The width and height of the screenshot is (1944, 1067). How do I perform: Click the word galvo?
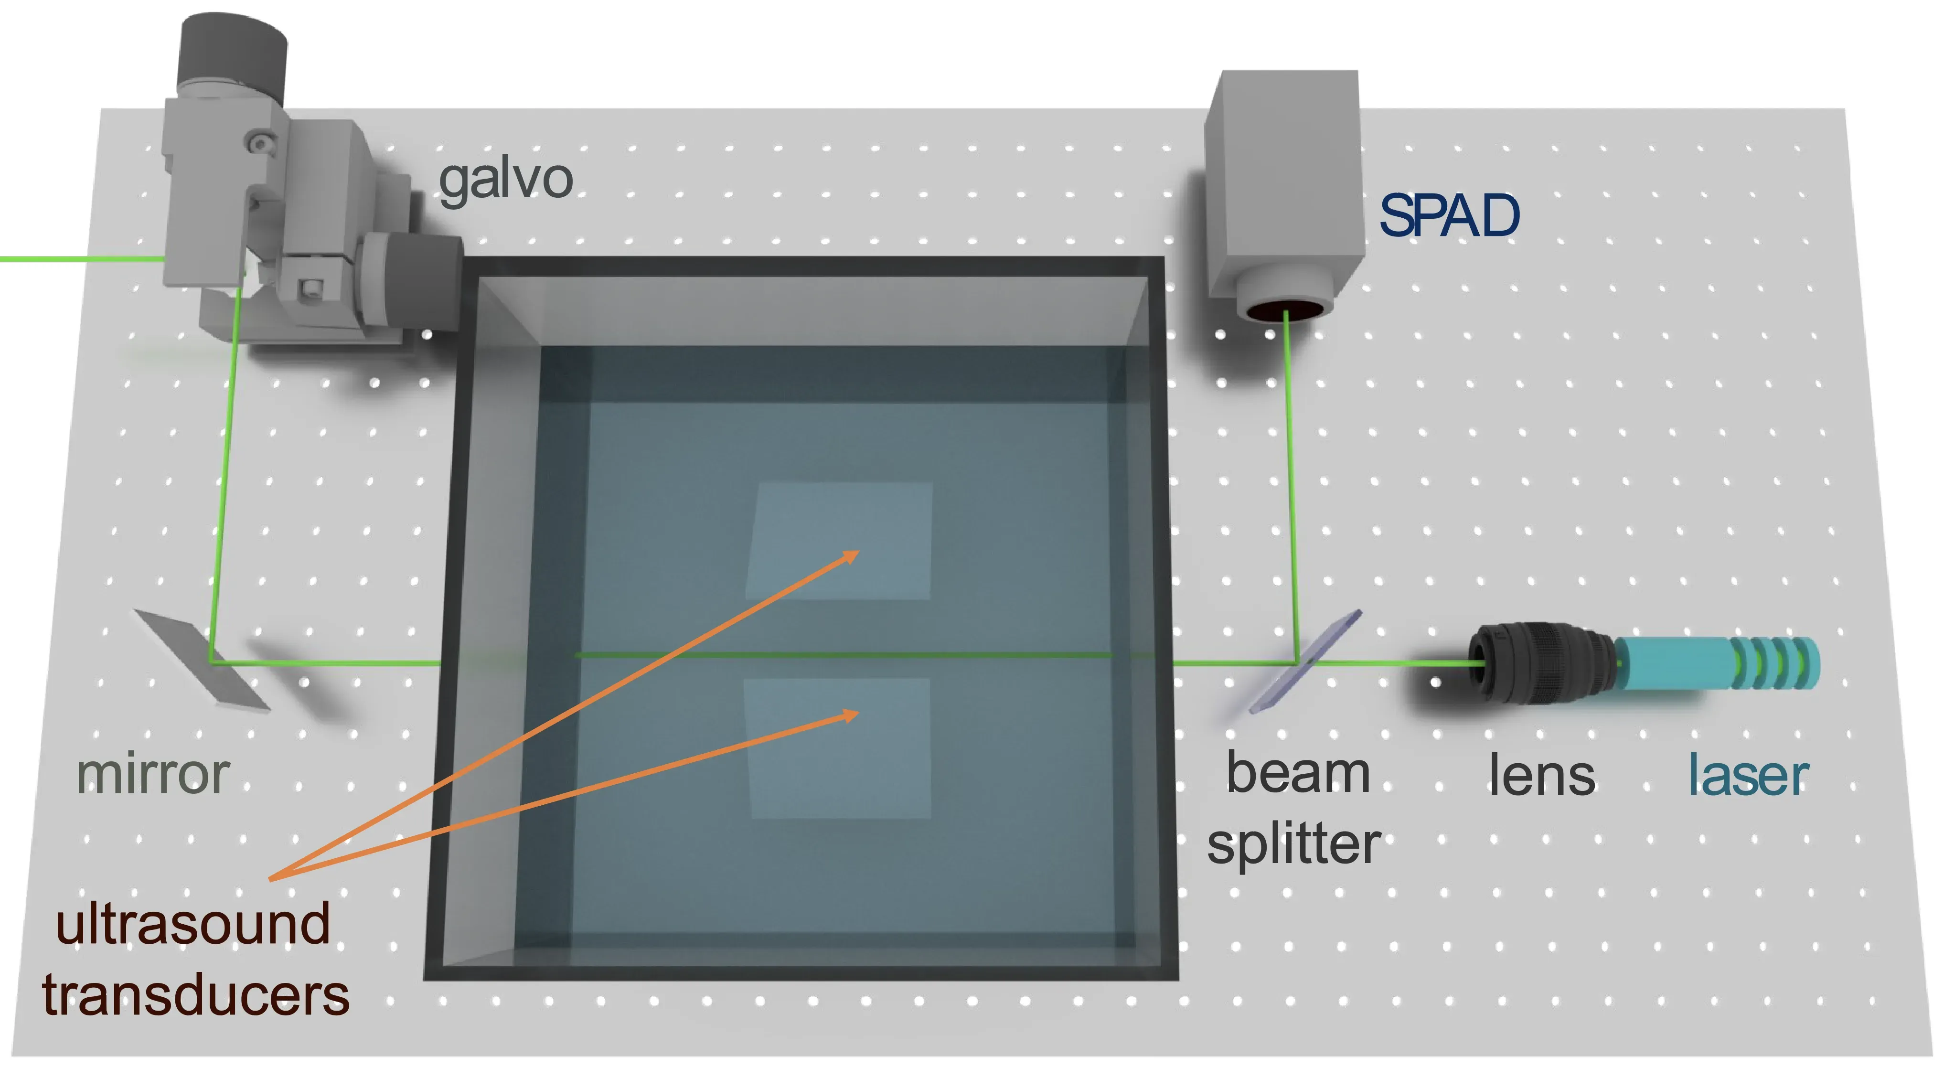click(506, 181)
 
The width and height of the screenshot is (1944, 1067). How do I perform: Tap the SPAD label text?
click(1449, 216)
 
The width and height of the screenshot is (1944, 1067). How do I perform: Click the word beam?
click(1298, 773)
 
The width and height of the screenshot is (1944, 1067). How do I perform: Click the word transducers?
click(195, 994)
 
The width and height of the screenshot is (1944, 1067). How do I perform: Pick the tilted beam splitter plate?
click(1305, 661)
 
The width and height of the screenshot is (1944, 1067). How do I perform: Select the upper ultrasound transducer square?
click(839, 541)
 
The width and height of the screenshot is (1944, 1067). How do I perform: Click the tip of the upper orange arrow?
click(859, 552)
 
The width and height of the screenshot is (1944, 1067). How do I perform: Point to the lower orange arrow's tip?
click(860, 712)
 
